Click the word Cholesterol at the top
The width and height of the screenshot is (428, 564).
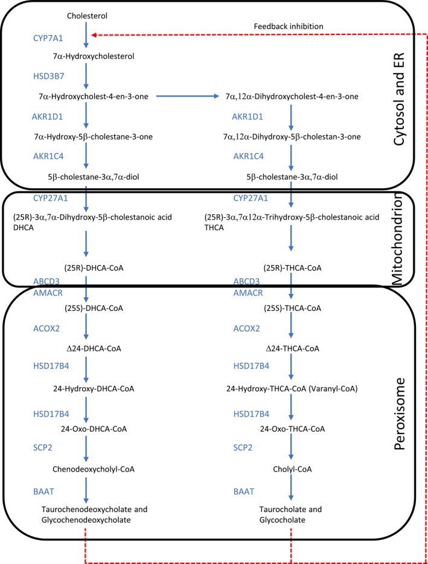(88, 14)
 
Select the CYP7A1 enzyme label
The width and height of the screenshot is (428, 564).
(48, 37)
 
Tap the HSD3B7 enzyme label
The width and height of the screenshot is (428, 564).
(48, 77)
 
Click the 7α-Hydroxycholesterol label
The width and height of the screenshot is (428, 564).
(88, 57)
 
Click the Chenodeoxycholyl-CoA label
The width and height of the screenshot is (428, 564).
(88, 469)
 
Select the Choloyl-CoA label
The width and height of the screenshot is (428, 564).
(292, 469)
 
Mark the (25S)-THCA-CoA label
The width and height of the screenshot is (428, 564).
(292, 308)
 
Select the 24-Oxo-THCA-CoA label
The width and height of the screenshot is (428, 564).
(292, 429)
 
